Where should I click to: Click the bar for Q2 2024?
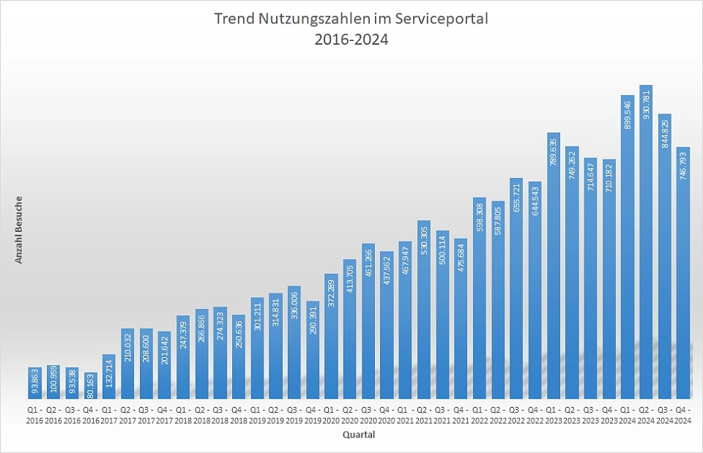click(645, 242)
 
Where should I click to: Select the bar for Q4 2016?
click(91, 386)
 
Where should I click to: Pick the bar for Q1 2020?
click(331, 336)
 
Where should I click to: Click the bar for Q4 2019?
click(313, 350)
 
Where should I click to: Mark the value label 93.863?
click(35, 383)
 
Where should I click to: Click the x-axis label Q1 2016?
click(35, 415)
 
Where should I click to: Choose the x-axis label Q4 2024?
click(682, 415)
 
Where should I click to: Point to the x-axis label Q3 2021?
click(442, 415)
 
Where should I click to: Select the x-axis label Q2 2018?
click(201, 415)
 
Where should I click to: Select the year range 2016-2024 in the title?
click(351, 40)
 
